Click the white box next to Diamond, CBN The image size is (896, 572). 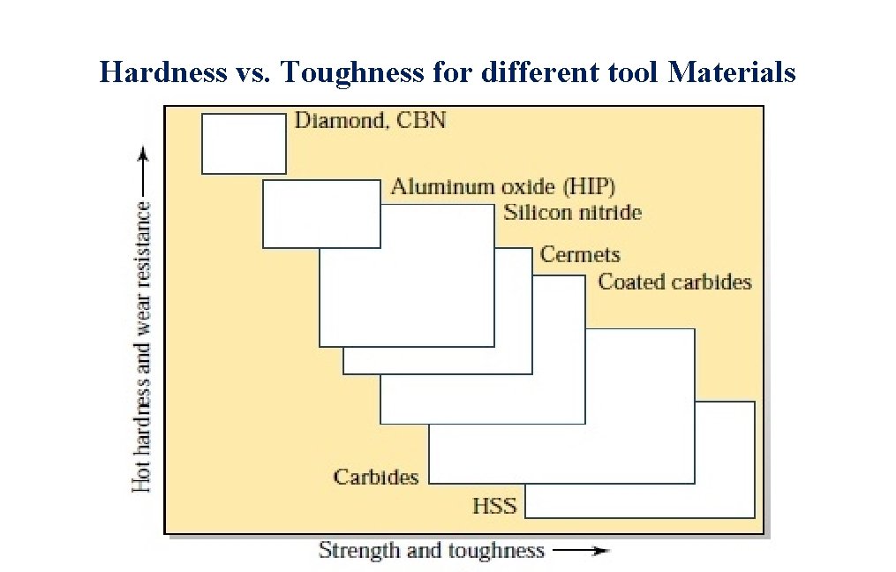pos(244,143)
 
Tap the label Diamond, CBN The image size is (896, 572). pos(370,120)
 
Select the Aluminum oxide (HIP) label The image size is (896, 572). pos(502,187)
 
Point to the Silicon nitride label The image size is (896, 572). pos(572,213)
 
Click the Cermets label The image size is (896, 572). pos(580,255)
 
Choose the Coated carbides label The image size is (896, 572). pos(674,282)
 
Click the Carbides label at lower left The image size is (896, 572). pos(376,478)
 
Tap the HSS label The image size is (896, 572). pos(494,507)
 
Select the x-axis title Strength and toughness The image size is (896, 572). pos(431,551)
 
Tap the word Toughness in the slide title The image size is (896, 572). pos(352,71)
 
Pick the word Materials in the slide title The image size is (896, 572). pos(732,71)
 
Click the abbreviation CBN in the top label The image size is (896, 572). pos(421,120)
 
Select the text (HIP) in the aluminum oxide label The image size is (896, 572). pos(588,187)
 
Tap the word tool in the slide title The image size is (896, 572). pos(629,71)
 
